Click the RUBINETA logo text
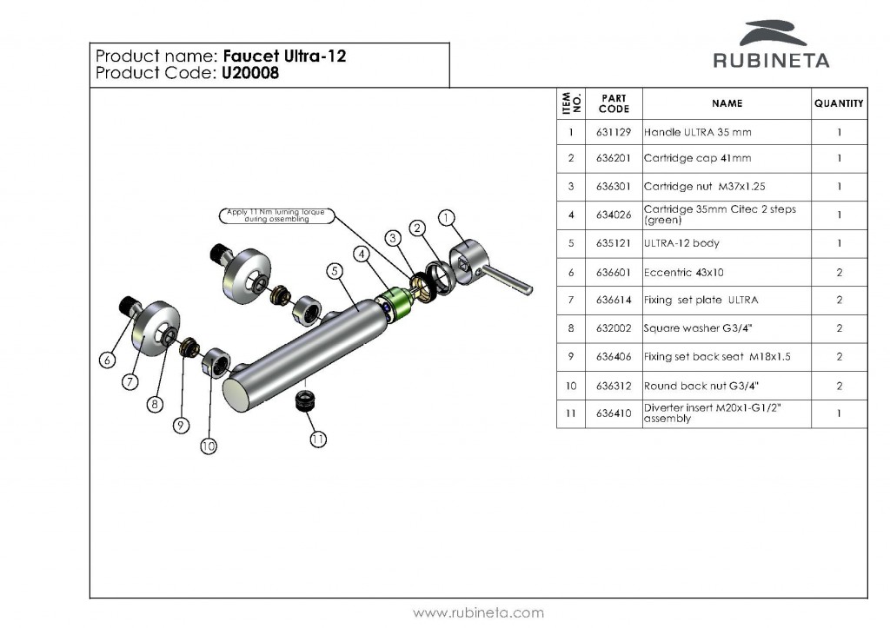point(771,61)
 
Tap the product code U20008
point(249,74)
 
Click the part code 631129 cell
point(614,132)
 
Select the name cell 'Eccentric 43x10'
point(683,272)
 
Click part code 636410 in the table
point(614,413)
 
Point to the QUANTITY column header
point(839,103)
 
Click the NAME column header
point(727,103)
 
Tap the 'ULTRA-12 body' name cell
point(681,243)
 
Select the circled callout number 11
point(318,440)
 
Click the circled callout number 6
point(108,359)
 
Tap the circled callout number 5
point(335,270)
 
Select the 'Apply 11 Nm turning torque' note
point(268,215)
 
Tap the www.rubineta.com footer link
point(478,612)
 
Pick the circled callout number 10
point(209,446)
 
